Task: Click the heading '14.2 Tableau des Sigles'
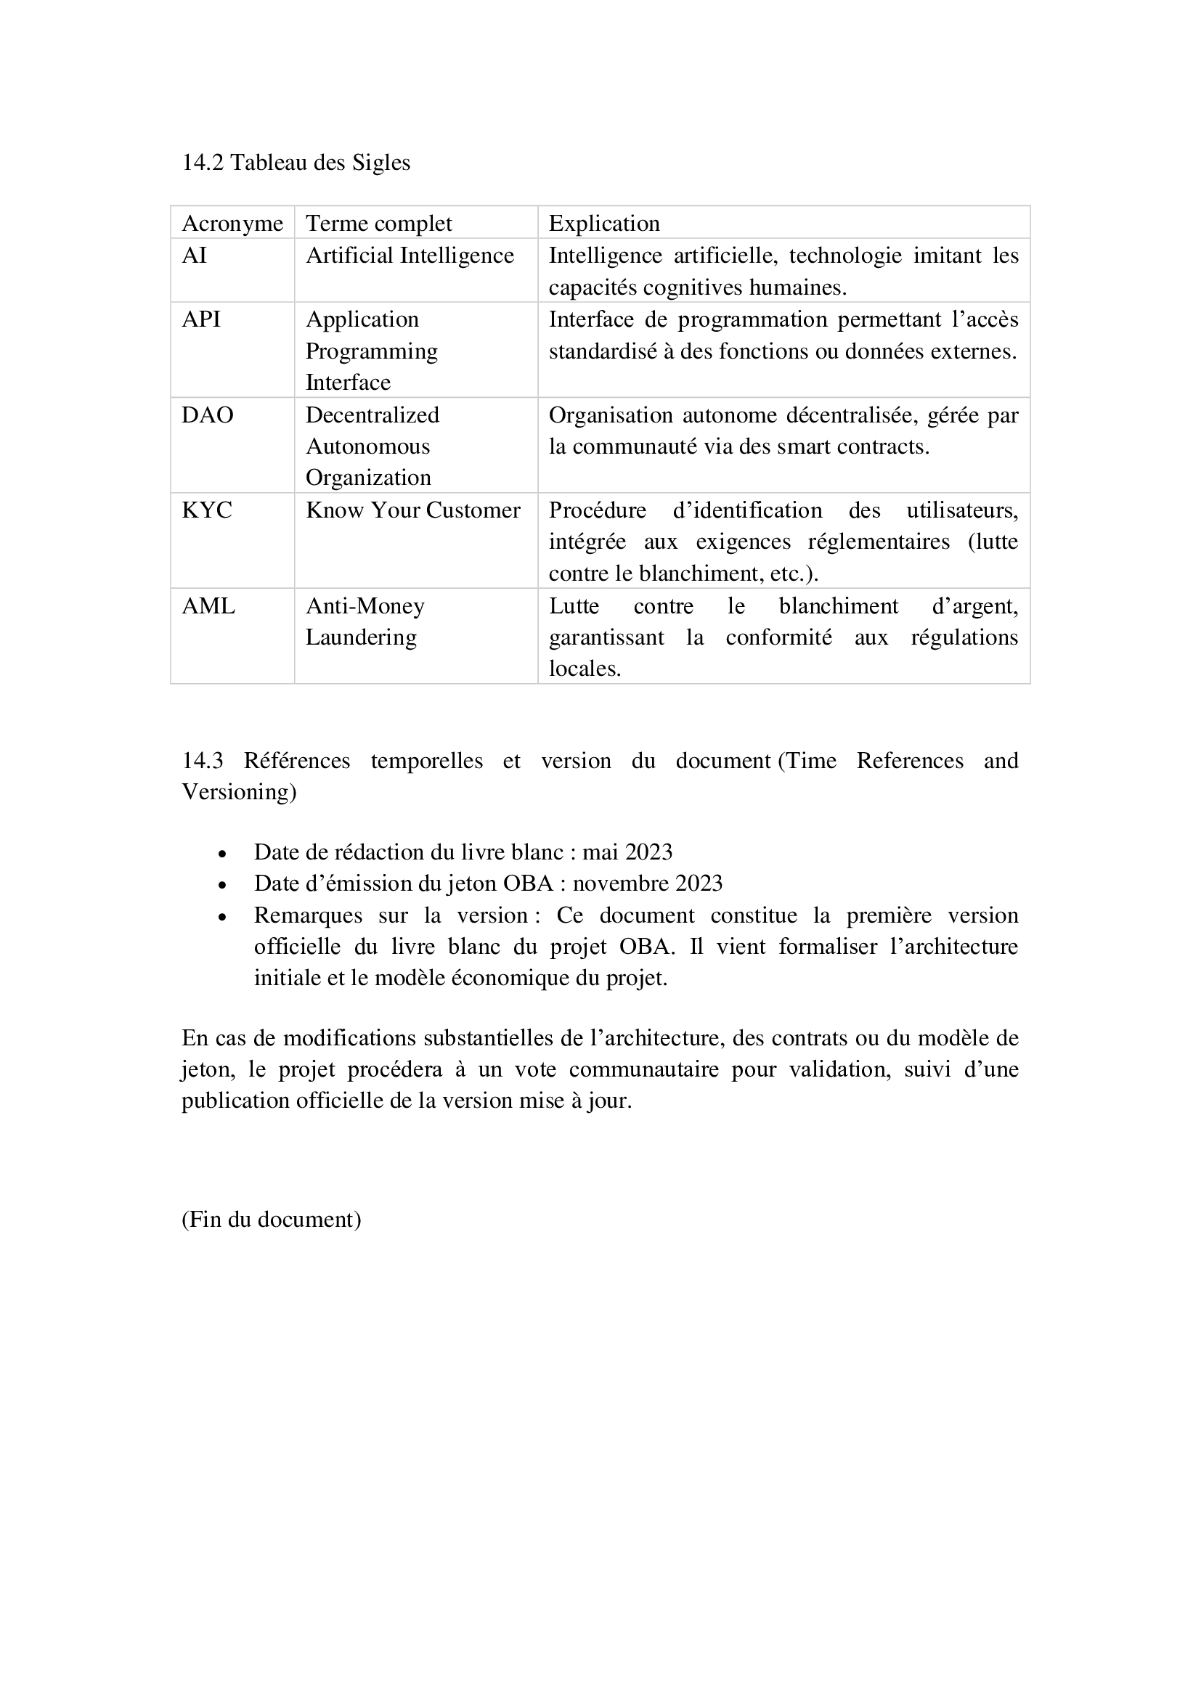(x=296, y=163)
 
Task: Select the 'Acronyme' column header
(x=232, y=224)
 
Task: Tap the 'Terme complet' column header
(x=378, y=224)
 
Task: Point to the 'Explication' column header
(x=604, y=224)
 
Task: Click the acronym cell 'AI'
(x=195, y=256)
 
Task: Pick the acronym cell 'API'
(x=201, y=319)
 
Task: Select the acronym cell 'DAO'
(x=207, y=415)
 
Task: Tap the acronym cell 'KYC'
(x=207, y=510)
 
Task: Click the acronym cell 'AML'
(x=208, y=606)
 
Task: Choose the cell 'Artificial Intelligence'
(x=410, y=256)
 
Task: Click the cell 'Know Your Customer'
(x=412, y=510)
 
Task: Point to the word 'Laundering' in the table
(x=361, y=637)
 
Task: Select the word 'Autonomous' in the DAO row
(x=367, y=446)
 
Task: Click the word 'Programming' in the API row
(x=371, y=351)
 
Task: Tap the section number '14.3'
(x=203, y=761)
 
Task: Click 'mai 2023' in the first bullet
(x=627, y=853)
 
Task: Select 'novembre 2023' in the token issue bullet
(x=647, y=883)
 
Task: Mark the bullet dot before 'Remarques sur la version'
(x=222, y=917)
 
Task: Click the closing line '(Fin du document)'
(x=272, y=1220)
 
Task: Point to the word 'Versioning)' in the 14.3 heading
(x=239, y=792)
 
